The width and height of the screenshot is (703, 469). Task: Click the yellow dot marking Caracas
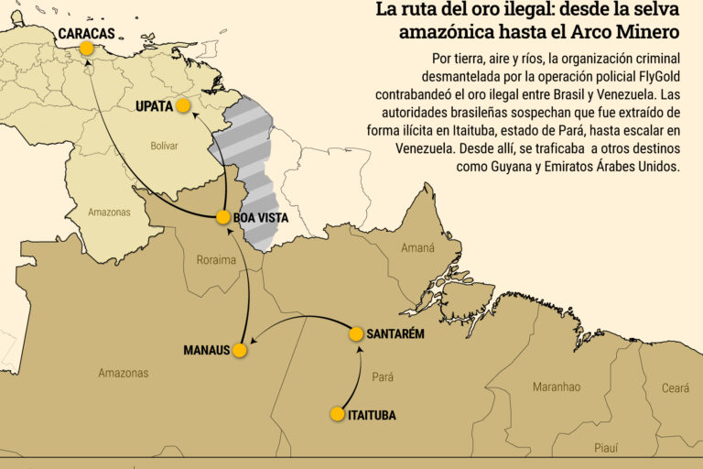click(86, 48)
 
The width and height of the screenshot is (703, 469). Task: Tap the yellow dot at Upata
click(183, 105)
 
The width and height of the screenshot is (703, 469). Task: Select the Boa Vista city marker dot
click(223, 217)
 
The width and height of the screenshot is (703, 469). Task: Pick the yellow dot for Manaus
click(239, 350)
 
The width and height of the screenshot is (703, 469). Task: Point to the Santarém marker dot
click(357, 333)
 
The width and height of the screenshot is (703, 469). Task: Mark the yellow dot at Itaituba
click(338, 414)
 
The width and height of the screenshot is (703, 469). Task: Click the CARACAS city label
click(86, 33)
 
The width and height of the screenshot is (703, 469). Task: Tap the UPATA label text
click(154, 106)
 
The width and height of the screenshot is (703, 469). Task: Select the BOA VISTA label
click(261, 218)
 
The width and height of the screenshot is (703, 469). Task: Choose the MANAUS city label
click(206, 351)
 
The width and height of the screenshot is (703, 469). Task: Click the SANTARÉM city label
click(395, 333)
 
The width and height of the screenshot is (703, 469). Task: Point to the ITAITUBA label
click(373, 415)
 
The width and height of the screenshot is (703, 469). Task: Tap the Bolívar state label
click(164, 146)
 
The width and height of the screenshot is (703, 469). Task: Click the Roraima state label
click(216, 260)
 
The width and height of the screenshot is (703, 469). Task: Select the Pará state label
click(383, 376)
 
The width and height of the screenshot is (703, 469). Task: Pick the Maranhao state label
click(557, 387)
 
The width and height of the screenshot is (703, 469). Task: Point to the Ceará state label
click(676, 388)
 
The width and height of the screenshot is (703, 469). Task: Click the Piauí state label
click(606, 448)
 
